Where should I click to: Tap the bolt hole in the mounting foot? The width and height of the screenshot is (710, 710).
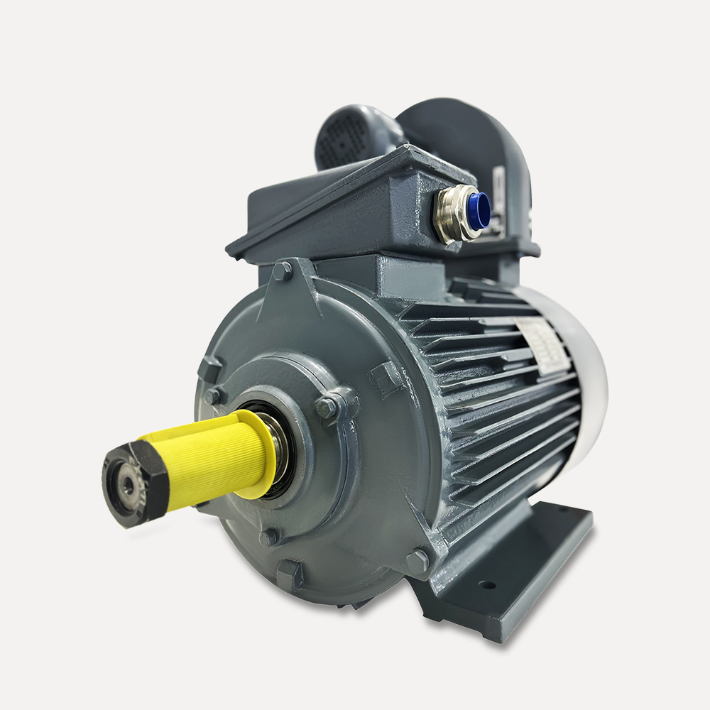pos(487,586)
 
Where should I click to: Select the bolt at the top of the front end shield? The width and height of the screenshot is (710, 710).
pos(282,271)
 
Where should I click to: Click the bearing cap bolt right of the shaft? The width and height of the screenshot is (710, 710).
pos(327,407)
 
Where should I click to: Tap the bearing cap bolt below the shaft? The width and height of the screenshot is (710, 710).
pos(268,537)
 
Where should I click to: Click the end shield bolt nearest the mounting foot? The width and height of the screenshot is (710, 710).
pos(417,561)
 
